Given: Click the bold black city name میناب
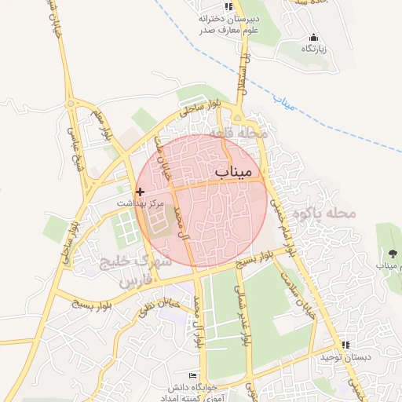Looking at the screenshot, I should point(234,170).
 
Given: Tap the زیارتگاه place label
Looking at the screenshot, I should point(313,49).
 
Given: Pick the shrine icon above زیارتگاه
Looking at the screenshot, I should point(313,38).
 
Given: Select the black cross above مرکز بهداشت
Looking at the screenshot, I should point(140,191).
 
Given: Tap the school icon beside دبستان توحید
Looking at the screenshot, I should point(344,345).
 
